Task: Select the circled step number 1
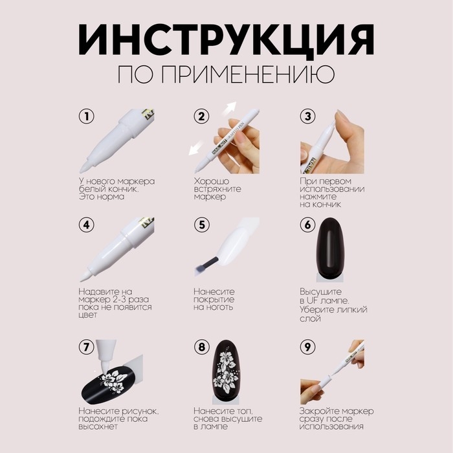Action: [85, 117]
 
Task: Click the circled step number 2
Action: [202, 117]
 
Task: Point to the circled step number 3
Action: [307, 117]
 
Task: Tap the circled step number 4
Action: [85, 225]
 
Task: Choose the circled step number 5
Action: [202, 225]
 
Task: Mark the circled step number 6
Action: [307, 225]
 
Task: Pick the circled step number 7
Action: [85, 347]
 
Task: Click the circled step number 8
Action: [202, 347]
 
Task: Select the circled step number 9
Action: [307, 347]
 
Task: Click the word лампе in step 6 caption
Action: [335, 302]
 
